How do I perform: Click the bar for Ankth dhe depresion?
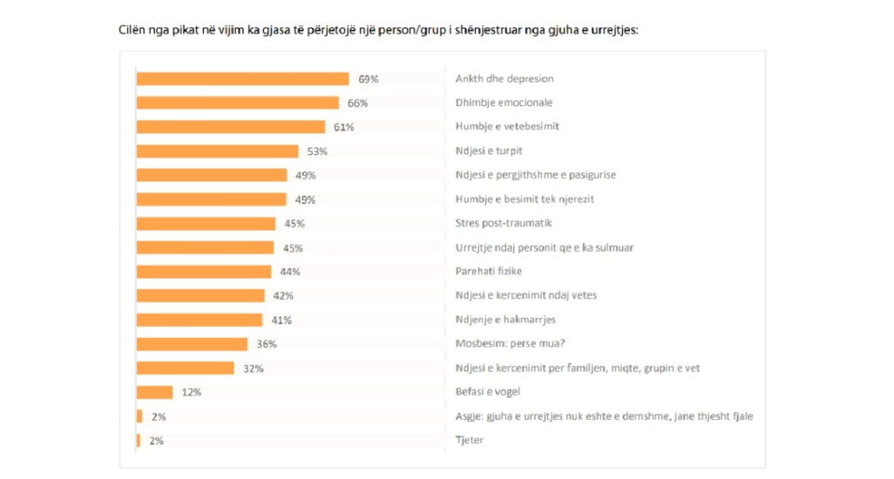point(242,78)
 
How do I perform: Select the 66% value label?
point(357,103)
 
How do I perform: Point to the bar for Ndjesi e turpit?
point(217,151)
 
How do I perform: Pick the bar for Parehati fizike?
point(204,272)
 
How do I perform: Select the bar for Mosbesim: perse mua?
point(192,344)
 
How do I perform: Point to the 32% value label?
point(254,368)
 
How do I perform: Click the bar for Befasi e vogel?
point(154,392)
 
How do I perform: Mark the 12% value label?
point(191,393)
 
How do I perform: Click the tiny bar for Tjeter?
point(139,441)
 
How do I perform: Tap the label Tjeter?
point(469,441)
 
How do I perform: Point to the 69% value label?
point(369,79)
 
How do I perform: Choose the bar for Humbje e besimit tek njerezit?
point(211,199)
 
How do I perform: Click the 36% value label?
point(267,344)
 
